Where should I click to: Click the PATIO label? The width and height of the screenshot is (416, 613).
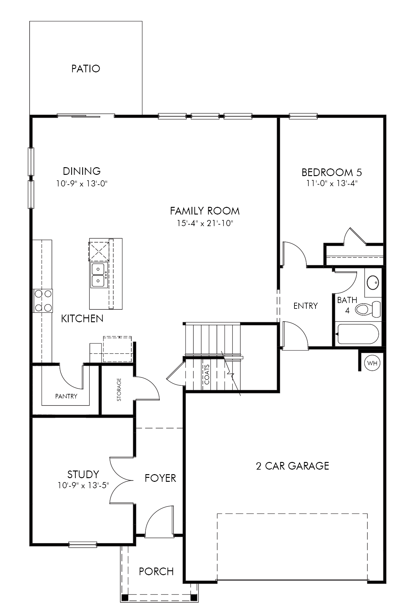pyautogui.click(x=86, y=69)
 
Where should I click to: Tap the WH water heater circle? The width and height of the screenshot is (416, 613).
pyautogui.click(x=372, y=363)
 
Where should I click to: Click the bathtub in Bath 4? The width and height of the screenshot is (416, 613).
pyautogui.click(x=357, y=334)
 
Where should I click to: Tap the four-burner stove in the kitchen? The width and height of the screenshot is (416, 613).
pyautogui.click(x=43, y=301)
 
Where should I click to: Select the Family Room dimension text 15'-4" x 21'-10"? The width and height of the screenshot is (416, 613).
pyautogui.click(x=205, y=223)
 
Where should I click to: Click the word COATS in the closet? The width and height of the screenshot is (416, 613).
pyautogui.click(x=207, y=374)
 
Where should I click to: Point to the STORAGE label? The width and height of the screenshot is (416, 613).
pyautogui.click(x=119, y=390)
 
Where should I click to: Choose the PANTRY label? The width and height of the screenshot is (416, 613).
pyautogui.click(x=66, y=396)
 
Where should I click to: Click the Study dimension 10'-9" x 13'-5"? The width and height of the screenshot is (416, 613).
pyautogui.click(x=83, y=485)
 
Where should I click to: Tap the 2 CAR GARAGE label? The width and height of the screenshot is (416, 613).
pyautogui.click(x=293, y=466)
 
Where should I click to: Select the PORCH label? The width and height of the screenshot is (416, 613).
pyautogui.click(x=156, y=571)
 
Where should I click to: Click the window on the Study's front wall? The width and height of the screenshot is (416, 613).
pyautogui.click(x=83, y=544)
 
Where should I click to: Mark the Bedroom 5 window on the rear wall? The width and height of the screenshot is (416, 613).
pyautogui.click(x=303, y=116)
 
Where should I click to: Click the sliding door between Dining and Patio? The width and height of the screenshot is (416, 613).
pyautogui.click(x=86, y=115)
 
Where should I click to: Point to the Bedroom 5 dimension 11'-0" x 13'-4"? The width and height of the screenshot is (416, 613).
pyautogui.click(x=332, y=183)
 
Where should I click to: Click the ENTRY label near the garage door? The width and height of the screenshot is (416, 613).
pyautogui.click(x=305, y=306)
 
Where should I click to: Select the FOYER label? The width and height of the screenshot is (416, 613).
pyautogui.click(x=160, y=478)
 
